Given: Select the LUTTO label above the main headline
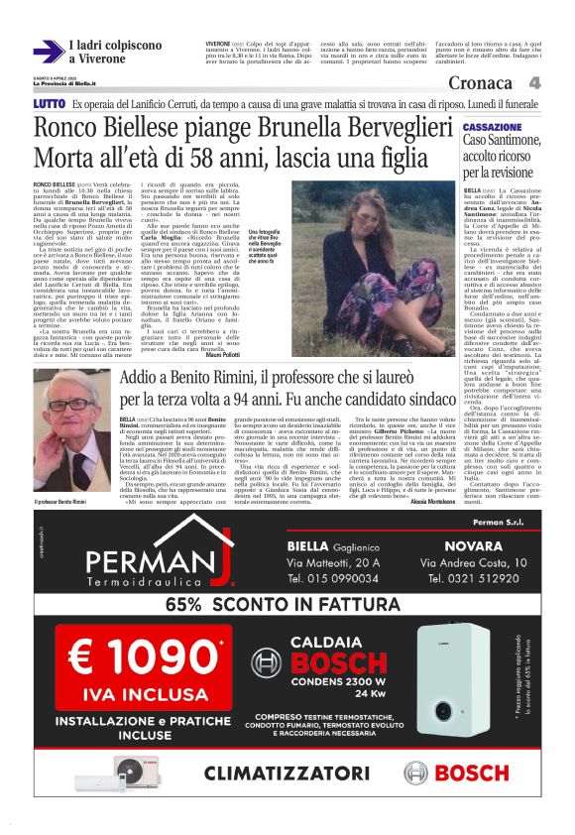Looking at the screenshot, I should coord(50,104).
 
